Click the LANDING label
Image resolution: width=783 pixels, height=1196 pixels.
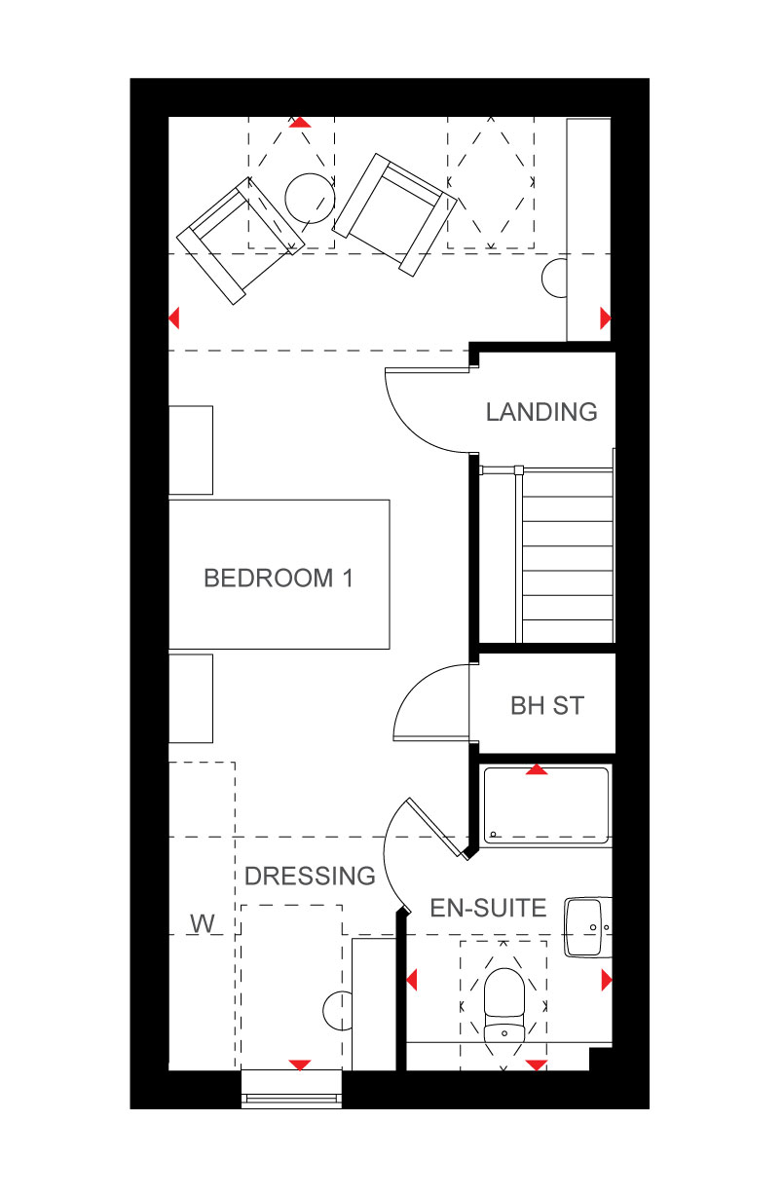point(541,412)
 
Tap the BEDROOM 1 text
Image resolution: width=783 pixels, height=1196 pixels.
point(279,579)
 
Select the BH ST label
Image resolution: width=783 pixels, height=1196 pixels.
point(547,705)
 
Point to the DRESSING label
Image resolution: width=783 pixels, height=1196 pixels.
point(310,877)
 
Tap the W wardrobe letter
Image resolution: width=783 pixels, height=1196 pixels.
point(203,924)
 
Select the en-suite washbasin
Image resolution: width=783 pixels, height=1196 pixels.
point(587,927)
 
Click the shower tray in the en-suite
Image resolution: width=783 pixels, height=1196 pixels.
point(545,805)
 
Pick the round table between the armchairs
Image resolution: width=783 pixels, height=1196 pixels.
point(310,199)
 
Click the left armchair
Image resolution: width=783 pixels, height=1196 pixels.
point(241,241)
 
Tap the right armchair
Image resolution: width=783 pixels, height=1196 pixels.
point(394,214)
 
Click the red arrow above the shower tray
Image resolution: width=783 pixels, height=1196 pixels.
point(537,769)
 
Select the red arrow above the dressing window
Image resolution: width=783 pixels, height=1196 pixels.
point(299,1065)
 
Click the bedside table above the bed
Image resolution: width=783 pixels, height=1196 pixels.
point(191,450)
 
